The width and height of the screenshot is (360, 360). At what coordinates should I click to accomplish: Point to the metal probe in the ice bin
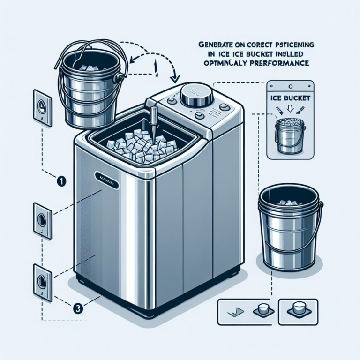[x=153, y=123]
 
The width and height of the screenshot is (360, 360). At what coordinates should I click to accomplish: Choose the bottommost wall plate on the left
[x=41, y=280]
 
